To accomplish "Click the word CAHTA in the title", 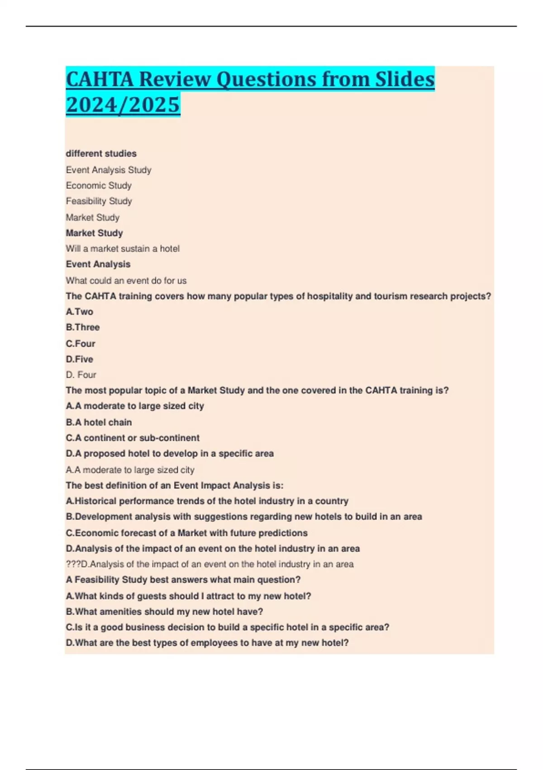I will (x=100, y=79).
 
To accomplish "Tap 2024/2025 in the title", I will (x=123, y=105).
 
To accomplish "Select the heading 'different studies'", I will (x=101, y=154).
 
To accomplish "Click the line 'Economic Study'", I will (x=99, y=185).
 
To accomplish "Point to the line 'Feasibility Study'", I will (x=99, y=201).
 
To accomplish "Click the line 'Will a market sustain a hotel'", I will (x=123, y=248).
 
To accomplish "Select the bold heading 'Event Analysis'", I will (x=98, y=264).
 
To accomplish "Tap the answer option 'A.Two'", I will (x=80, y=312).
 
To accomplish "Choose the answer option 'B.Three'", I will (x=83, y=327).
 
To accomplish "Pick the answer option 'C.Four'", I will (x=81, y=343).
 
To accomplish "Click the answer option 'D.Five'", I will (x=80, y=359).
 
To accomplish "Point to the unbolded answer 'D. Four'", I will (x=81, y=375).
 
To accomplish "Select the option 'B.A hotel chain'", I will (x=99, y=422).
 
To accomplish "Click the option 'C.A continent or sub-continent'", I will (x=133, y=438).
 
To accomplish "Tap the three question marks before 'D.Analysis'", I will (x=72, y=564).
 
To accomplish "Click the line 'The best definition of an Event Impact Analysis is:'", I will (x=175, y=486).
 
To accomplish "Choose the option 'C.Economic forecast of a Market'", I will (x=186, y=533).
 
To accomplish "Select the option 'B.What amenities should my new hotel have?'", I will (x=164, y=611).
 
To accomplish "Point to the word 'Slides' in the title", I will (x=405, y=79).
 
